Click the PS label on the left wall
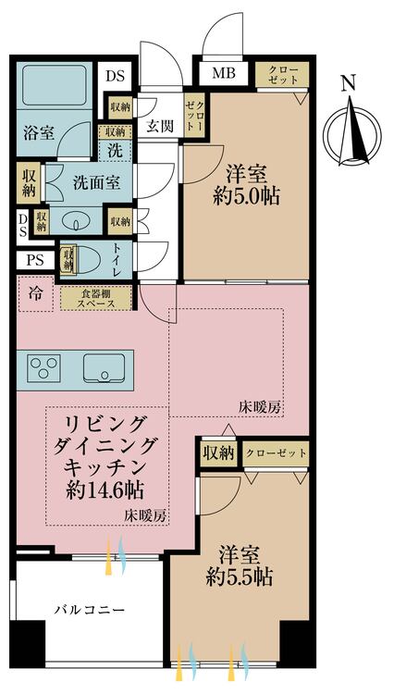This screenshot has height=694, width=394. (34, 261)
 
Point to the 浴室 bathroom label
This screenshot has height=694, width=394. (39, 132)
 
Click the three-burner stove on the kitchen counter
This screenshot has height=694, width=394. (44, 368)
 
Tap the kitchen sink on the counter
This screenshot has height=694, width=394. (103, 368)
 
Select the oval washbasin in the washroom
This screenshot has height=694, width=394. (73, 222)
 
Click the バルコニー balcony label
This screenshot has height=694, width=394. (89, 610)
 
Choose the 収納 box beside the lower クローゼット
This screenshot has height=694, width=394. (218, 453)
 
